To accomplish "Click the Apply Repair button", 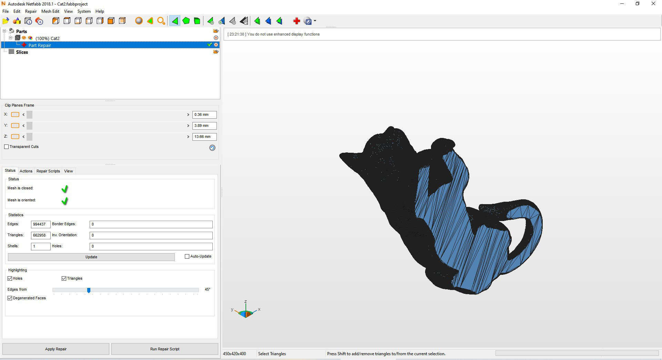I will [x=56, y=349].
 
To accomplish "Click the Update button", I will [x=91, y=257].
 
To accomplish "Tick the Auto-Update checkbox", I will [x=187, y=257].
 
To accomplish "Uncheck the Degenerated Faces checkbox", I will [x=10, y=298].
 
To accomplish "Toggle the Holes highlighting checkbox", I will [x=10, y=278].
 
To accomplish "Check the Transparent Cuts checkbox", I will [x=7, y=147].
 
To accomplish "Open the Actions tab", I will [x=26, y=171].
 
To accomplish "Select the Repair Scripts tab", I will [x=48, y=171].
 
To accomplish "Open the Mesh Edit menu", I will [x=50, y=11].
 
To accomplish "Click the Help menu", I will [x=100, y=11].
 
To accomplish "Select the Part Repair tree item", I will [x=40, y=45].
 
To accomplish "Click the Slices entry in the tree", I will [x=22, y=52].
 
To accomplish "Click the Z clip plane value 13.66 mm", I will [x=204, y=137].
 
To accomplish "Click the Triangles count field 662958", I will [x=40, y=235].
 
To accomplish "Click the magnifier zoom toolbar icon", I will [x=161, y=21].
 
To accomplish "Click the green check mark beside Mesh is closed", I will [x=64, y=189].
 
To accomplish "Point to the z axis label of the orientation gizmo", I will [x=245, y=302].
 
